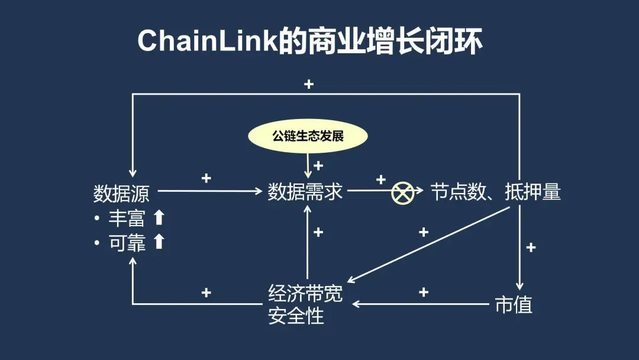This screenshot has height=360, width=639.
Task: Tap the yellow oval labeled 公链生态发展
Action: pyautogui.click(x=308, y=136)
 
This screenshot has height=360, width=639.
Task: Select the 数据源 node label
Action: pyautogui.click(x=121, y=193)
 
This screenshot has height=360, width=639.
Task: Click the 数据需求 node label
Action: pyautogui.click(x=305, y=192)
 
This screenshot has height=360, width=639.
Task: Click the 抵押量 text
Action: pyautogui.click(x=533, y=192)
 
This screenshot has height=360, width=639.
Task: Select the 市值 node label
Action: pyautogui.click(x=514, y=304)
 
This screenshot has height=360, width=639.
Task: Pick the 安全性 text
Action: pyautogui.click(x=296, y=316)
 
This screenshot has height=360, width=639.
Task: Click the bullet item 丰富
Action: pyautogui.click(x=127, y=218)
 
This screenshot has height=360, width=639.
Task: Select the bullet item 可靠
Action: pyautogui.click(x=127, y=242)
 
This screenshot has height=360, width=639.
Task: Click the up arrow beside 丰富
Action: pyautogui.click(x=159, y=218)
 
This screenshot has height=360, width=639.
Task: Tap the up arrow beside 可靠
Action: pyautogui.click(x=159, y=242)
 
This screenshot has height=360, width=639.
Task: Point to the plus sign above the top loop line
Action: pyautogui.click(x=308, y=84)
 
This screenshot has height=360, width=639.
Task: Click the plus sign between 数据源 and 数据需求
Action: pyautogui.click(x=206, y=178)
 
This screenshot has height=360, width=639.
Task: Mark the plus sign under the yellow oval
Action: pyautogui.click(x=318, y=166)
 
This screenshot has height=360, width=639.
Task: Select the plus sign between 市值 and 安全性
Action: pyautogui.click(x=423, y=292)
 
